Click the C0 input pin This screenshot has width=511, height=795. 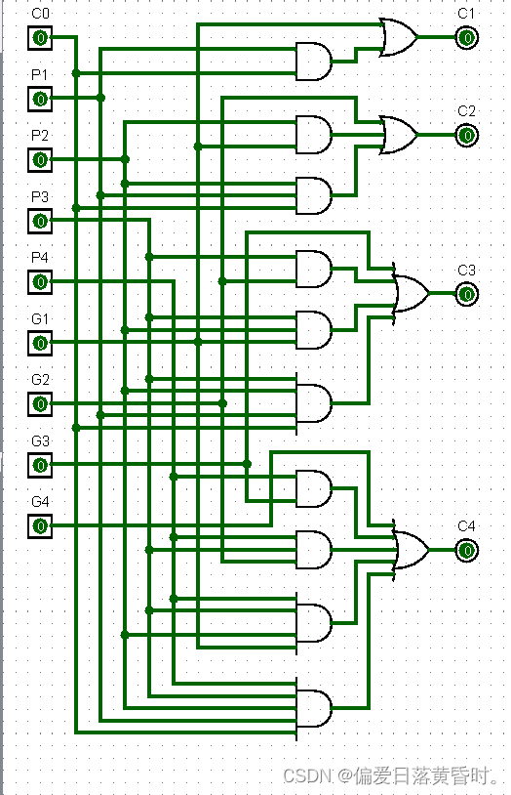(x=40, y=37)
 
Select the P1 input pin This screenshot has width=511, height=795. (x=40, y=99)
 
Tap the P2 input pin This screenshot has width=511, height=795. (x=40, y=160)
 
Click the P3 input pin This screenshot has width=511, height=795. (x=40, y=221)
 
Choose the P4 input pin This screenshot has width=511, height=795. (x=40, y=282)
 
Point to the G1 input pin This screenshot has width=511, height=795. (x=40, y=343)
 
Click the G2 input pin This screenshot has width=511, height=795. (x=40, y=404)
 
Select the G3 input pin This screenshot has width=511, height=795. (x=40, y=465)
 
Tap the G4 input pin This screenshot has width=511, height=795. (x=40, y=526)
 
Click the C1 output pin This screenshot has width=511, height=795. (x=466, y=37)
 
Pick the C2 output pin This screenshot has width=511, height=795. (x=466, y=136)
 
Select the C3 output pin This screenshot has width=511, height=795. (x=466, y=294)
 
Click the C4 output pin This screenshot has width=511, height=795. (x=466, y=551)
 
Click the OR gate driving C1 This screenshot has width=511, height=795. (x=399, y=37)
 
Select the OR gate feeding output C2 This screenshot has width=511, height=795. (x=399, y=136)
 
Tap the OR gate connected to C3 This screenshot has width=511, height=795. (x=412, y=294)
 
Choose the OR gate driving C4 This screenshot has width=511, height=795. (x=412, y=551)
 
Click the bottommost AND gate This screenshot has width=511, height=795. (x=314, y=708)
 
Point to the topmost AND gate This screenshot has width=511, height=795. (x=314, y=62)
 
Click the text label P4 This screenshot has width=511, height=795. (x=40, y=258)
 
